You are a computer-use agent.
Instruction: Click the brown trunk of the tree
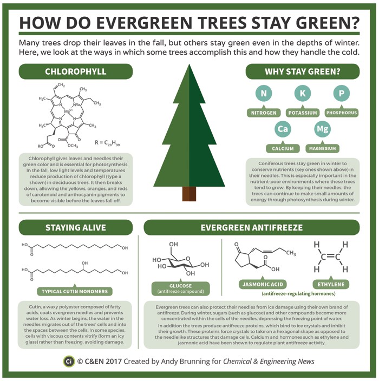tap(189, 193)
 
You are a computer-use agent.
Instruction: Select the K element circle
tap(303, 94)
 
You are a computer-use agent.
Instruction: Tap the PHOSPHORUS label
tap(342, 113)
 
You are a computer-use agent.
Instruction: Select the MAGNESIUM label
tap(322, 148)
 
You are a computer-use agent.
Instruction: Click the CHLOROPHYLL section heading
tap(76, 71)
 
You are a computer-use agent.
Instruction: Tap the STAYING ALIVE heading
tap(76, 228)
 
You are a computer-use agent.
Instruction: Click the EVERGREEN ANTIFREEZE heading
tap(252, 228)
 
